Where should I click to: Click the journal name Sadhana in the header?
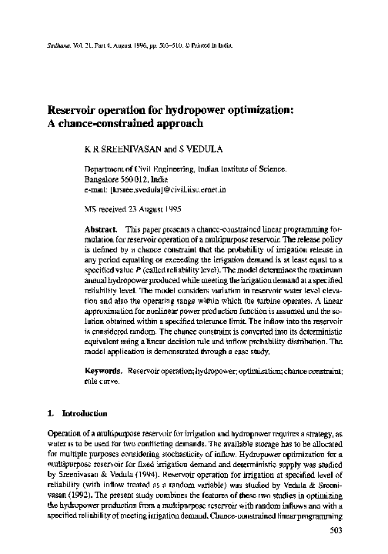[49, 45]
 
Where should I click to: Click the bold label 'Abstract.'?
[101, 229]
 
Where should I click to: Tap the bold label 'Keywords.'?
[103, 372]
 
